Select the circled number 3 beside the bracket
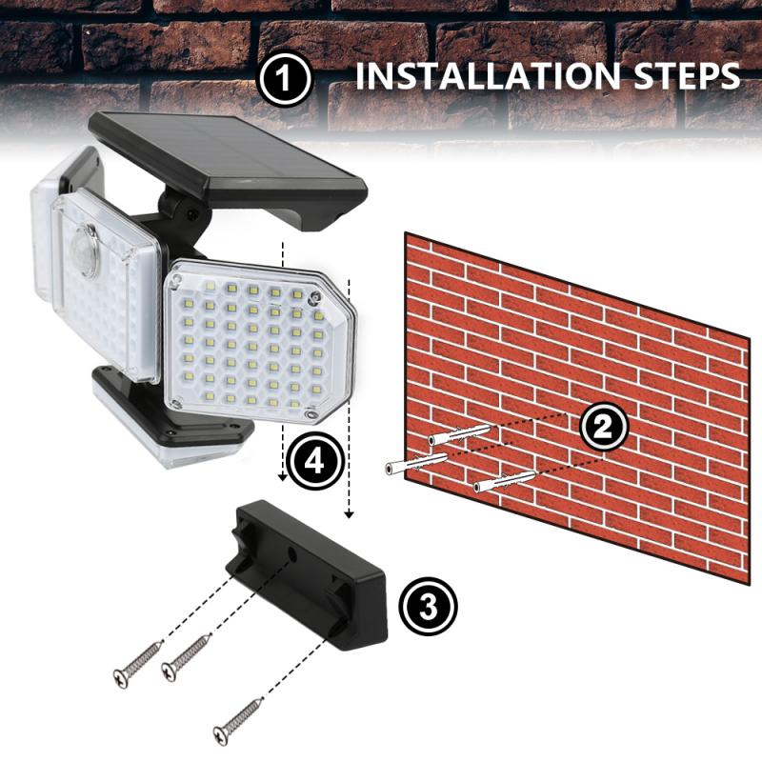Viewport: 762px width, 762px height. coord(427,606)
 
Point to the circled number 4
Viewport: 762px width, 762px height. coord(313,462)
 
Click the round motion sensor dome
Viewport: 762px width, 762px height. coord(87,250)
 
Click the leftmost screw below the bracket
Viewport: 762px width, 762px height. coord(137,663)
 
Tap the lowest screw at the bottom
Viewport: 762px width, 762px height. coord(238,721)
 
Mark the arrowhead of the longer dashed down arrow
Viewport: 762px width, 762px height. coord(350,514)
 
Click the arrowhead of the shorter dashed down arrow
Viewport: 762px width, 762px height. coord(283,478)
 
